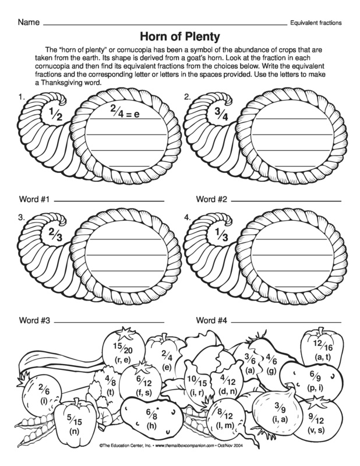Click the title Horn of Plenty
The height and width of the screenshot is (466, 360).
tap(179, 37)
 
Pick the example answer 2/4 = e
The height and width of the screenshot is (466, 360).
tap(125, 111)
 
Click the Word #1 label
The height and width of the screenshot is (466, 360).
tap(34, 199)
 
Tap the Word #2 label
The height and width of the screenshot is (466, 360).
tap(211, 199)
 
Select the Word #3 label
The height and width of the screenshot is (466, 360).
tap(34, 320)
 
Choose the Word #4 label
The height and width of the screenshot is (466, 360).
tap(211, 320)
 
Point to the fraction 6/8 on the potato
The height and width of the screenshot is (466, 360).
tap(151, 416)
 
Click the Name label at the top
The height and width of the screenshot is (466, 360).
tap(29, 23)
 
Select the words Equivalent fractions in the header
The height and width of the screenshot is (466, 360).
tap(315, 23)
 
